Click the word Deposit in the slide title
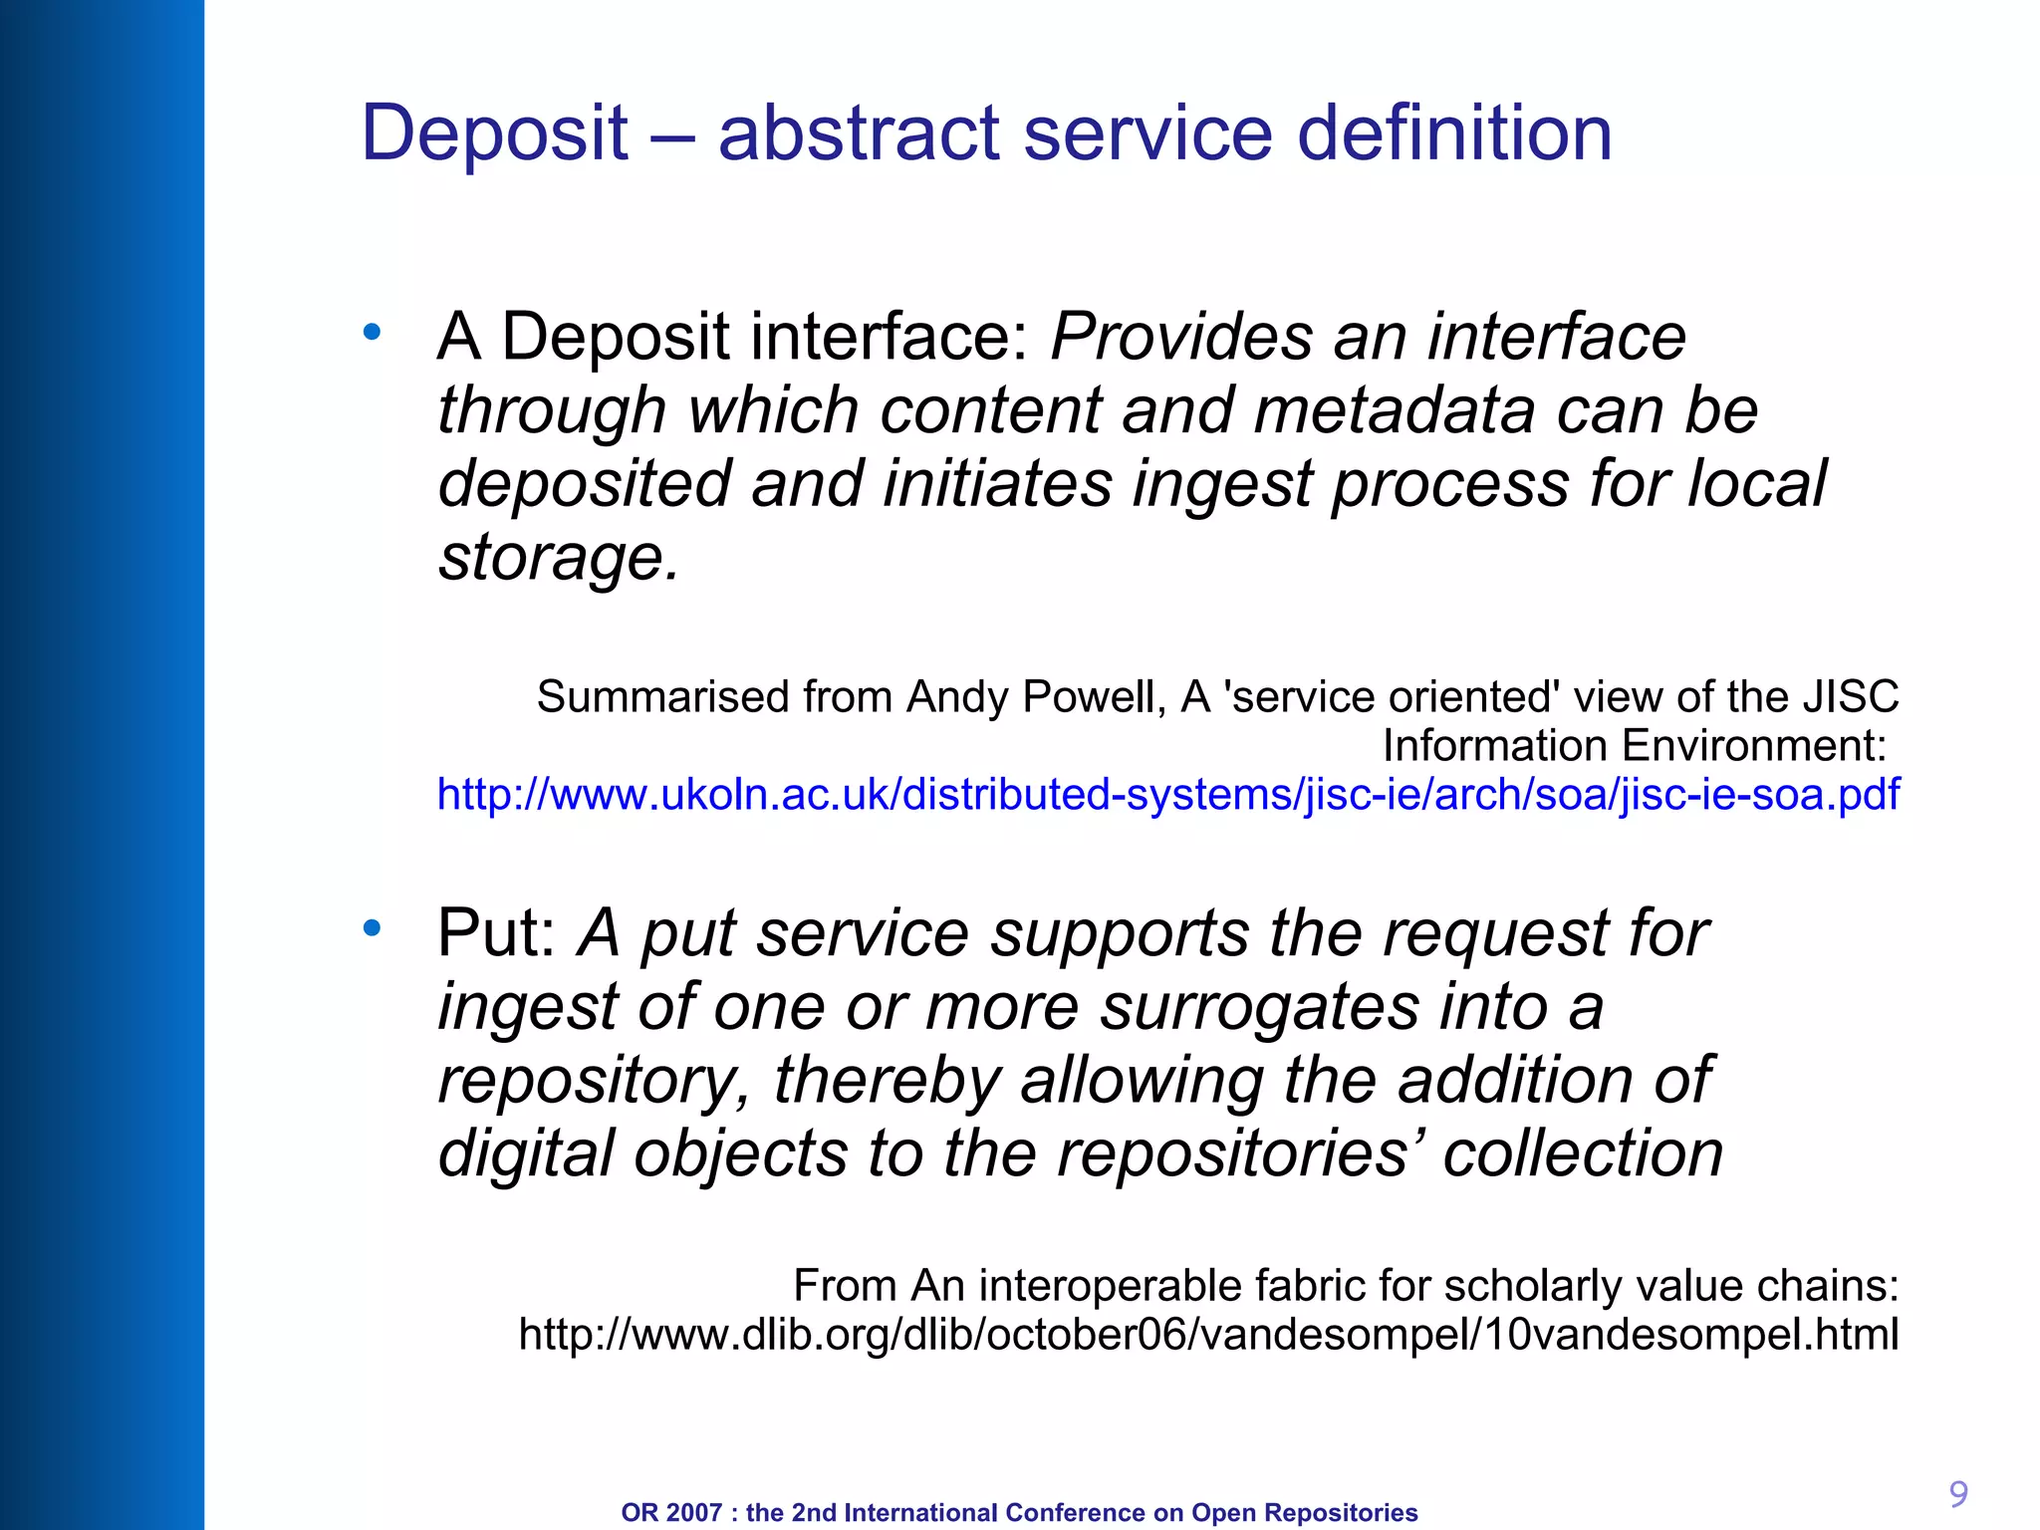click(x=494, y=134)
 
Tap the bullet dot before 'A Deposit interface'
click(x=373, y=333)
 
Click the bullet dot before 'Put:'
click(x=373, y=928)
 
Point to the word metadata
click(x=1395, y=410)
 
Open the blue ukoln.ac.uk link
click(x=1168, y=795)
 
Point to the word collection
click(x=1583, y=1153)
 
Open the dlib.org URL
click(x=1208, y=1335)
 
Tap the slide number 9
click(x=1958, y=1494)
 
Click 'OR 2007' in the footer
click(x=670, y=1513)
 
